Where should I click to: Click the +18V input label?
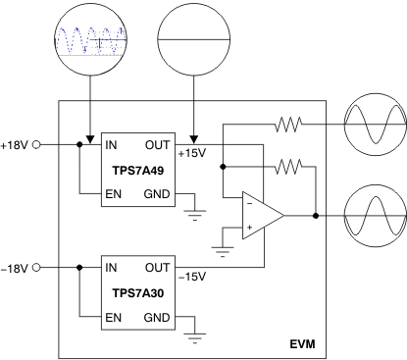[16, 144]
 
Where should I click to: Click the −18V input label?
[16, 268]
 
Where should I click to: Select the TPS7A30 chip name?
[140, 292]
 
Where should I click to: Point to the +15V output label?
[192, 155]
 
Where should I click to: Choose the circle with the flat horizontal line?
[193, 37]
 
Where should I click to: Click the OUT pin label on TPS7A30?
[158, 267]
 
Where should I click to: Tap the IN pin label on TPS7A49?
[112, 144]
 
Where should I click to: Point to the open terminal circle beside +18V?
[37, 144]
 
